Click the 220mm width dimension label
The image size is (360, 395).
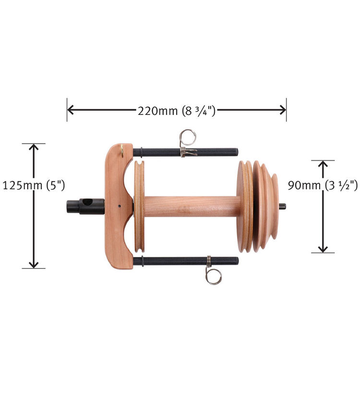pyautogui.click(x=177, y=111)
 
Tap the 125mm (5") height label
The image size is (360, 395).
pyautogui.click(x=34, y=185)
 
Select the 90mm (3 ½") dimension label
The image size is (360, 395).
pyautogui.click(x=323, y=185)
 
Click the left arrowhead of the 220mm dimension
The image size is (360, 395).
pyautogui.click(x=71, y=110)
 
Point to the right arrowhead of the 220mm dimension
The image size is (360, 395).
pyautogui.click(x=283, y=110)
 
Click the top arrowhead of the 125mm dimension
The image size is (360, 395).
pyautogui.click(x=34, y=147)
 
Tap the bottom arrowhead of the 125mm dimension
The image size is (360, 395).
pyautogui.click(x=34, y=265)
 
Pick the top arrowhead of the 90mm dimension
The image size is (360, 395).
pyautogui.click(x=323, y=164)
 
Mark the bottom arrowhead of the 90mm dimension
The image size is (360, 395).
pyautogui.click(x=323, y=249)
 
